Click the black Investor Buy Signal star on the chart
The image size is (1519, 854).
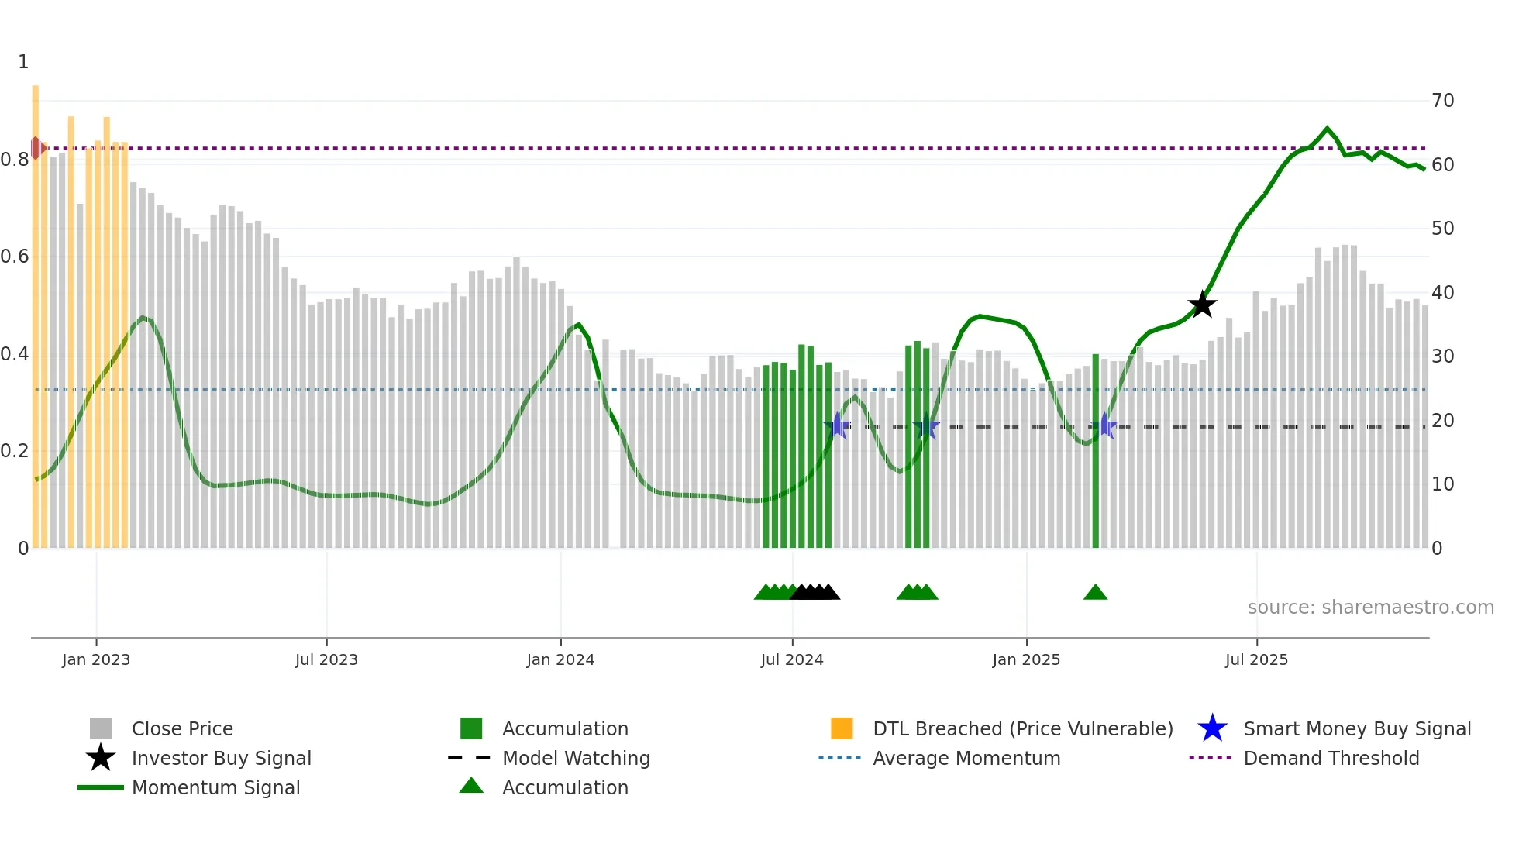coord(1202,305)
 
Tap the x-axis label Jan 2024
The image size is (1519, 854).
coord(560,659)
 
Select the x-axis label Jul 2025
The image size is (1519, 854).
coord(1256,659)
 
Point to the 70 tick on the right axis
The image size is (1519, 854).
coord(1443,101)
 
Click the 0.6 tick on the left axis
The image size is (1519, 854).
coord(15,257)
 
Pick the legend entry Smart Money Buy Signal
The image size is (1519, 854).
coord(1356,728)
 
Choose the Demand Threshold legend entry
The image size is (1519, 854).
coord(1331,758)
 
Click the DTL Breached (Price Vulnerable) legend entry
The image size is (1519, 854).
coord(1022,728)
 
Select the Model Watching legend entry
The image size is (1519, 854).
coord(576,758)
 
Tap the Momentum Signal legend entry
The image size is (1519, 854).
coord(215,787)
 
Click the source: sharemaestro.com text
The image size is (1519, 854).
coord(1370,608)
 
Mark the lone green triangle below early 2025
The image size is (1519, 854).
coord(1095,593)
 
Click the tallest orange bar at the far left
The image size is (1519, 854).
coord(36,310)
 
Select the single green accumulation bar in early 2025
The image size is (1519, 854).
coord(1096,449)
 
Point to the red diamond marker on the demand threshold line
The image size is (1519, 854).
coord(36,148)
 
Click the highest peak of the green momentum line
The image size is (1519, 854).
coord(1327,129)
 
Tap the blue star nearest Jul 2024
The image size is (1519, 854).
coord(837,426)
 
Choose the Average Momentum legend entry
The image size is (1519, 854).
coord(966,758)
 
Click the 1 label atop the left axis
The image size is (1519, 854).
coord(23,62)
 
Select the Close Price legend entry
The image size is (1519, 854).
coord(182,728)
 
